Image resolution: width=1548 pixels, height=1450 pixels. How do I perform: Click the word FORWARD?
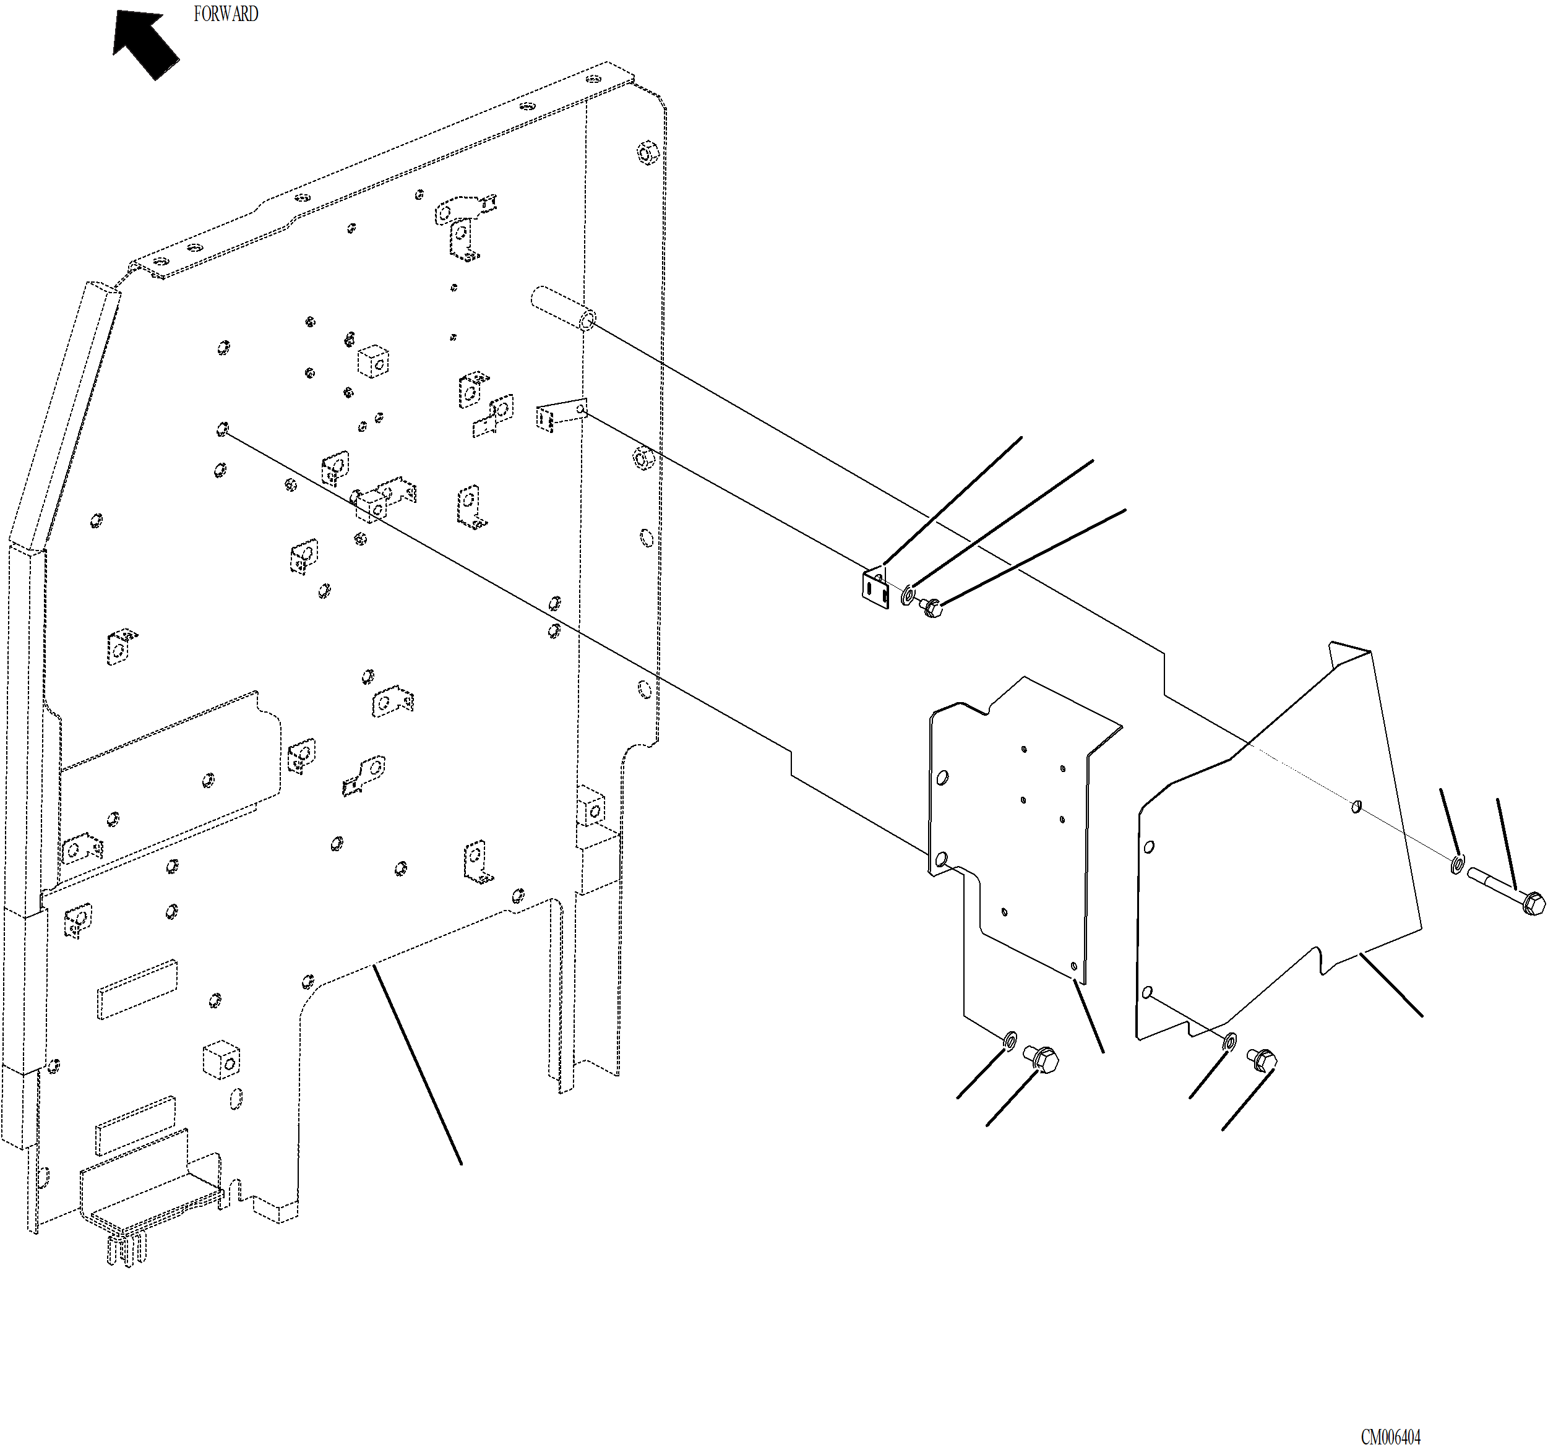coord(225,14)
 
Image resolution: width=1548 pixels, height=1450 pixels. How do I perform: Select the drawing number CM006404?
coord(1391,1436)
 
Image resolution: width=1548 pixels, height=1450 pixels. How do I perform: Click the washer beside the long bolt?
coord(1456,864)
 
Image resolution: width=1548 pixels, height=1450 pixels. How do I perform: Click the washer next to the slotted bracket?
coord(908,596)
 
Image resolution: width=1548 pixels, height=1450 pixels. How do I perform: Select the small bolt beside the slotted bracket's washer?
coord(931,607)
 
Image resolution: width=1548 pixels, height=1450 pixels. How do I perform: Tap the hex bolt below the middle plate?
coord(1042,1058)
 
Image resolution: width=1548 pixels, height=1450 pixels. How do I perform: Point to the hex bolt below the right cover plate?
coord(1262,1059)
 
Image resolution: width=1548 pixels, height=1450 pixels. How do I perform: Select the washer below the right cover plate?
coord(1229,1041)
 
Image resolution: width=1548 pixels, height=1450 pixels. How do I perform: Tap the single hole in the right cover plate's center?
coord(1356,806)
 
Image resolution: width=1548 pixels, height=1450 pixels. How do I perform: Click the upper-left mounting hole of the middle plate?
coord(942,777)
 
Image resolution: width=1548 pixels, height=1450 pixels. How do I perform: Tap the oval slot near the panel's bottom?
coord(236,1098)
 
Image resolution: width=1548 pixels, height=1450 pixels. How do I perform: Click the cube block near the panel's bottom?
coord(221,1059)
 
